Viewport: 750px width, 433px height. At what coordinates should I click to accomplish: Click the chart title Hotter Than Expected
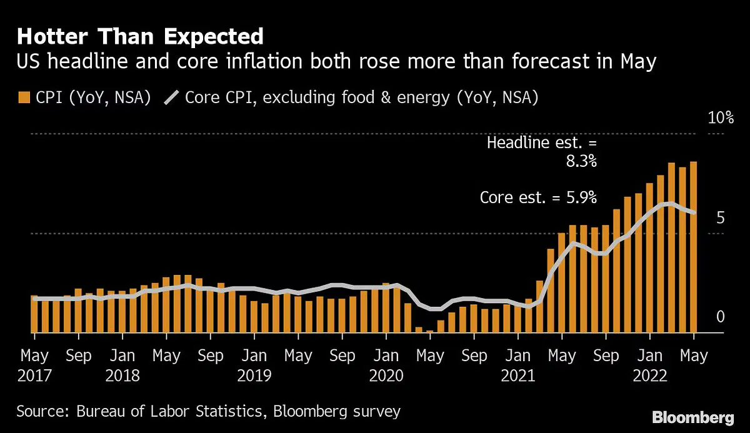tap(141, 37)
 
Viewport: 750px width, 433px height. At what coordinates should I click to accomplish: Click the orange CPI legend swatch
tap(24, 97)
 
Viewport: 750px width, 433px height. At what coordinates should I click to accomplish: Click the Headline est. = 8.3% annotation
tap(542, 152)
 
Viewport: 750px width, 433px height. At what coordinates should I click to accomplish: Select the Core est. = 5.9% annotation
tap(538, 197)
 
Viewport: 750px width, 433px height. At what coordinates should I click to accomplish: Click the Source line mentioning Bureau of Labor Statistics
tap(208, 411)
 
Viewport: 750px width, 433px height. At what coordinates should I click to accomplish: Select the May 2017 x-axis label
tap(34, 366)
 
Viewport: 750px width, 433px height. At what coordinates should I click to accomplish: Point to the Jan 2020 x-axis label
tap(386, 366)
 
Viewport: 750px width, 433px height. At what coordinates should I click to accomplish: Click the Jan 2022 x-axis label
tap(649, 366)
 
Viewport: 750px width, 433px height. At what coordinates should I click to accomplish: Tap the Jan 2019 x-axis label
tap(254, 366)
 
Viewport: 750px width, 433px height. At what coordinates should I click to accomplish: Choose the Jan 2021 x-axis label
tap(517, 366)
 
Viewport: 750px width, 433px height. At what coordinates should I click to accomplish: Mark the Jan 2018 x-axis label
tap(122, 366)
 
